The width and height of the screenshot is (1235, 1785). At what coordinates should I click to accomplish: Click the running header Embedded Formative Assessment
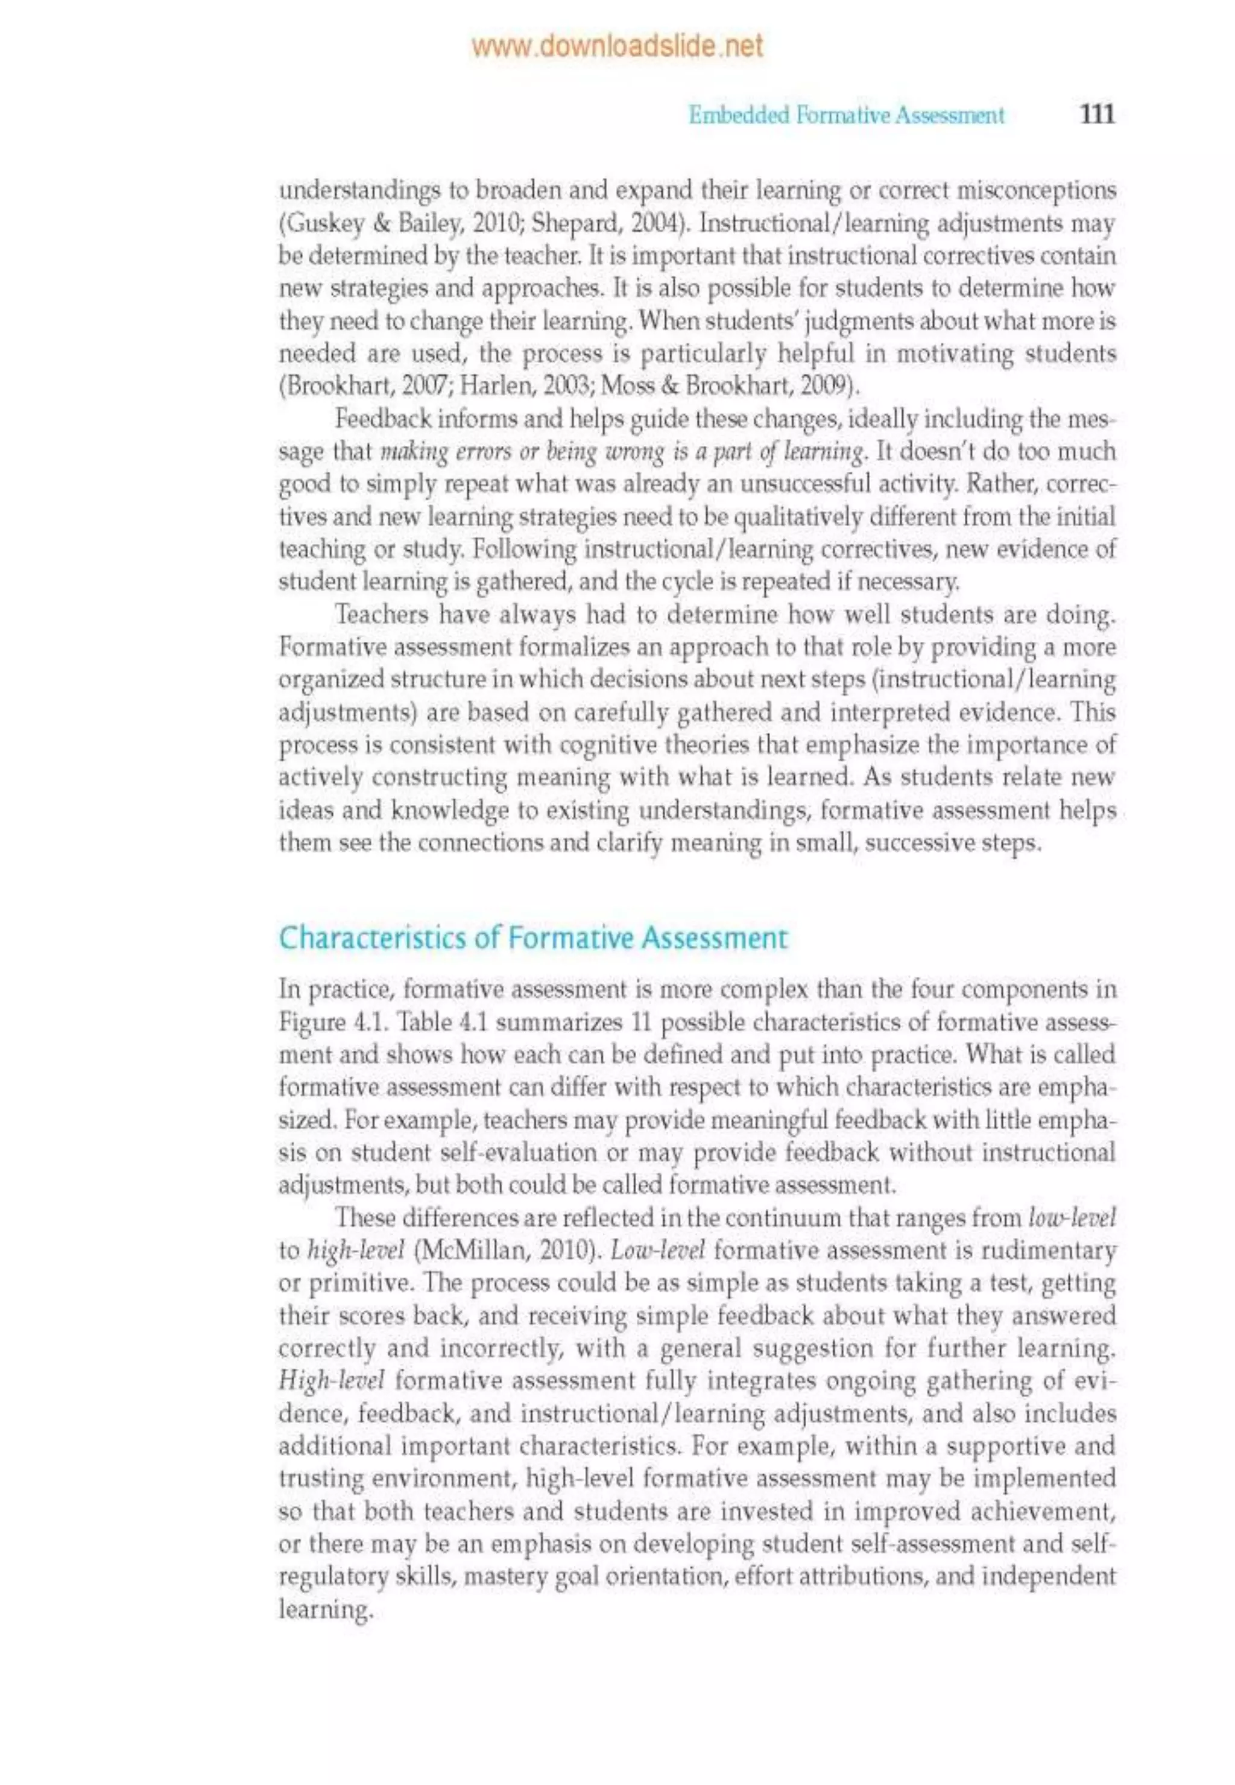pyautogui.click(x=847, y=116)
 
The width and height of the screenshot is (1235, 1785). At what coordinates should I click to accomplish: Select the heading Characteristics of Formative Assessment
pyautogui.click(x=532, y=938)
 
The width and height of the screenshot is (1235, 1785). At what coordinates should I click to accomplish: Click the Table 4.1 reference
pyautogui.click(x=435, y=1022)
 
